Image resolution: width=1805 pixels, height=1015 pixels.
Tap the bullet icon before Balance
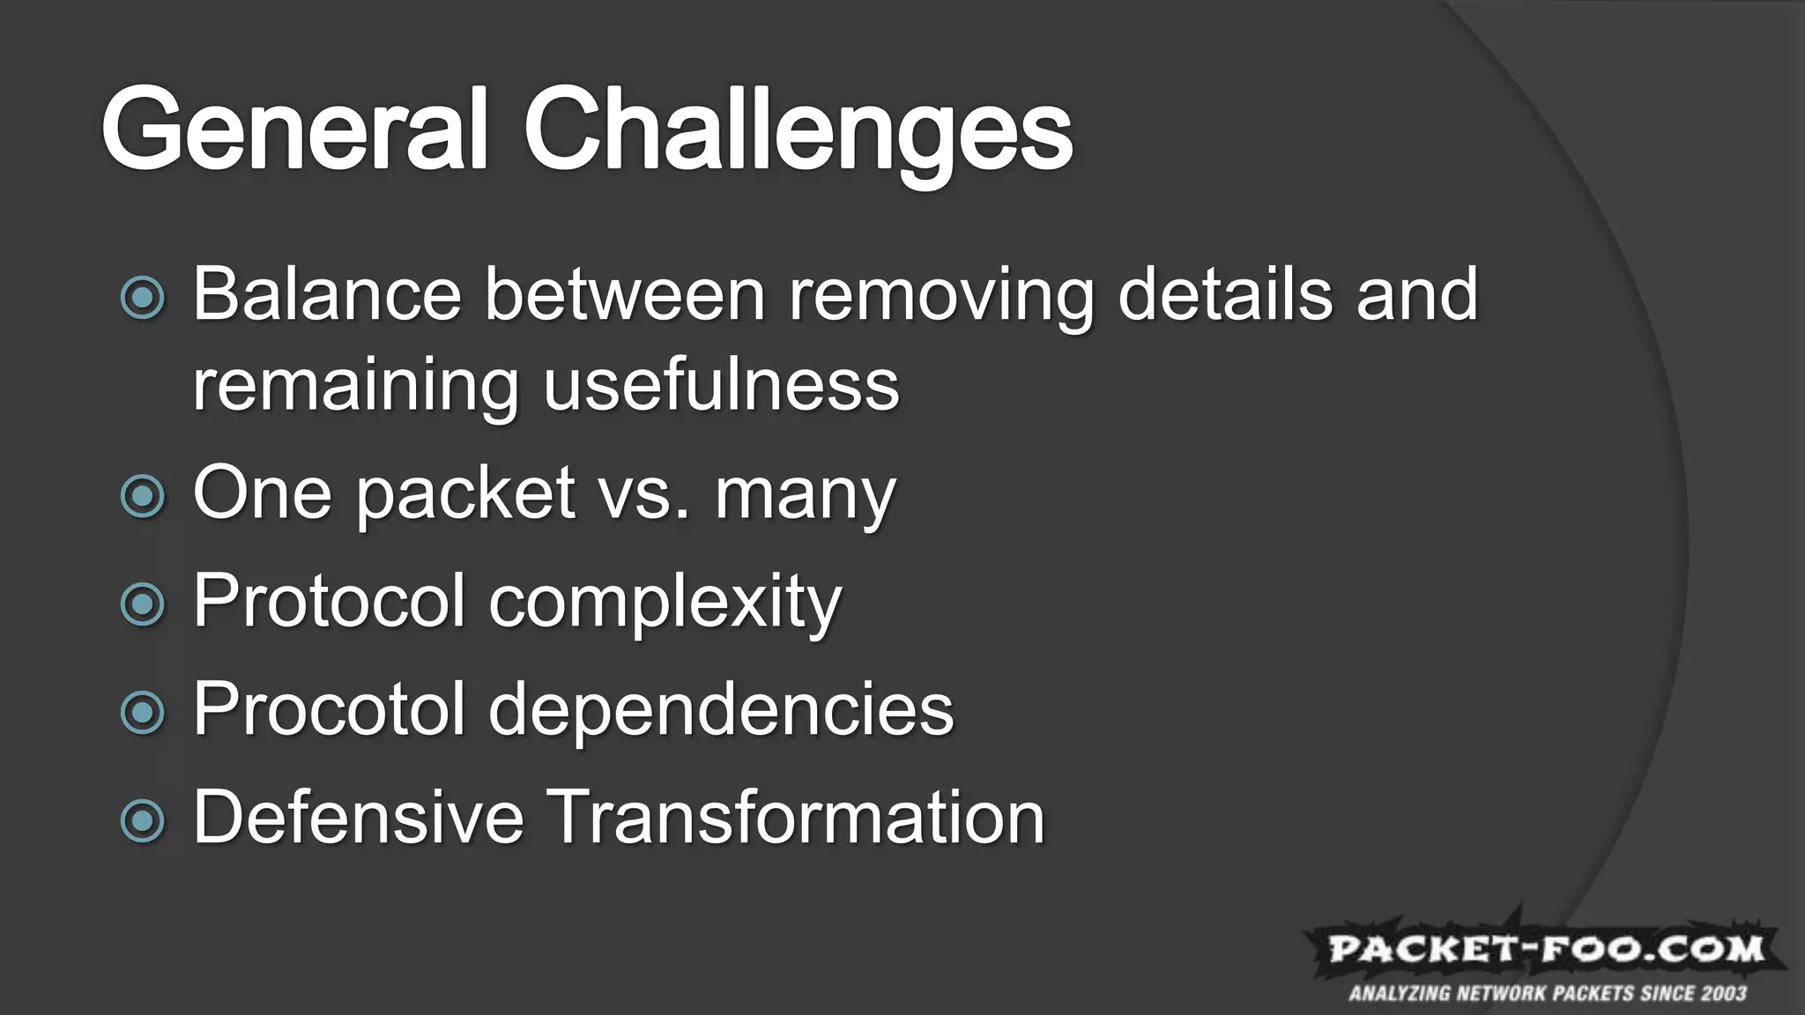point(143,298)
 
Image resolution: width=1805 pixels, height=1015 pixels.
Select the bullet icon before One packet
point(143,496)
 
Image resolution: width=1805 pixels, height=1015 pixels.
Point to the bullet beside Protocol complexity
point(143,604)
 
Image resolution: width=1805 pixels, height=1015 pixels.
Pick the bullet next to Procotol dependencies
point(143,712)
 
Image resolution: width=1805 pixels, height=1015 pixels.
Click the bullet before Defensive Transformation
point(143,820)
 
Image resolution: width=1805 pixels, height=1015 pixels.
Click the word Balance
point(327,294)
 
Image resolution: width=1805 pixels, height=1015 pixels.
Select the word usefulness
point(721,385)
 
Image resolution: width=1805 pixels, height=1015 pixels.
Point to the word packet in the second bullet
point(465,495)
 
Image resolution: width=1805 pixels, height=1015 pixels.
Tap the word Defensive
point(358,817)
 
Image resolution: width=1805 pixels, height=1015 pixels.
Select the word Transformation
point(796,817)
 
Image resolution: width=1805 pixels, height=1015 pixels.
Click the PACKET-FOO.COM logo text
point(1546,950)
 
